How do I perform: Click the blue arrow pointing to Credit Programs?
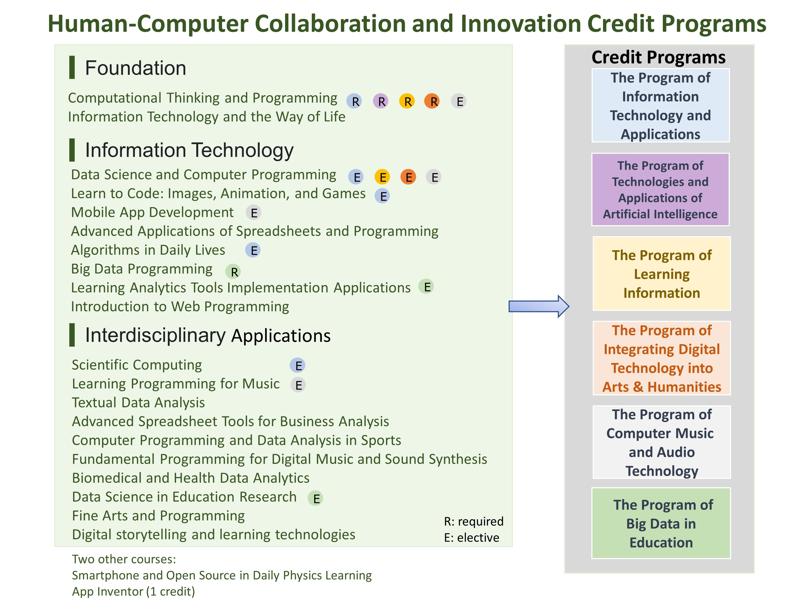pyautogui.click(x=539, y=306)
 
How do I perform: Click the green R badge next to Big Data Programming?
pyautogui.click(x=233, y=271)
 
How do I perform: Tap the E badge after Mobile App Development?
pyautogui.click(x=253, y=212)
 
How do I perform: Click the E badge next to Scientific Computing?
pyautogui.click(x=298, y=365)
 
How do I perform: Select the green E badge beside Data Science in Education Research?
pyautogui.click(x=315, y=498)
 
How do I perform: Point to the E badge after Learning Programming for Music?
pyautogui.click(x=298, y=385)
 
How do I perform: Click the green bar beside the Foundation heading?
pyautogui.click(x=72, y=67)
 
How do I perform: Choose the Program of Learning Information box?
pyautogui.click(x=661, y=274)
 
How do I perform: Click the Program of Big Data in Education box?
pyautogui.click(x=661, y=523)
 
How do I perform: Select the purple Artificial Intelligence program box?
pyautogui.click(x=660, y=189)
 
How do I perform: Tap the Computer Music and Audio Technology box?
pyautogui.click(x=661, y=442)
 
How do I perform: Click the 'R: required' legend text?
pyautogui.click(x=474, y=521)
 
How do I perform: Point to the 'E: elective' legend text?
pyautogui.click(x=471, y=537)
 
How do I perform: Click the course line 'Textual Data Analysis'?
pyautogui.click(x=138, y=403)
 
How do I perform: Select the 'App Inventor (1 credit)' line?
pyautogui.click(x=133, y=591)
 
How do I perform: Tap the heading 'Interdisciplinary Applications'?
pyautogui.click(x=208, y=335)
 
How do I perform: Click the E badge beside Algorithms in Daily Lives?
pyautogui.click(x=253, y=250)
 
